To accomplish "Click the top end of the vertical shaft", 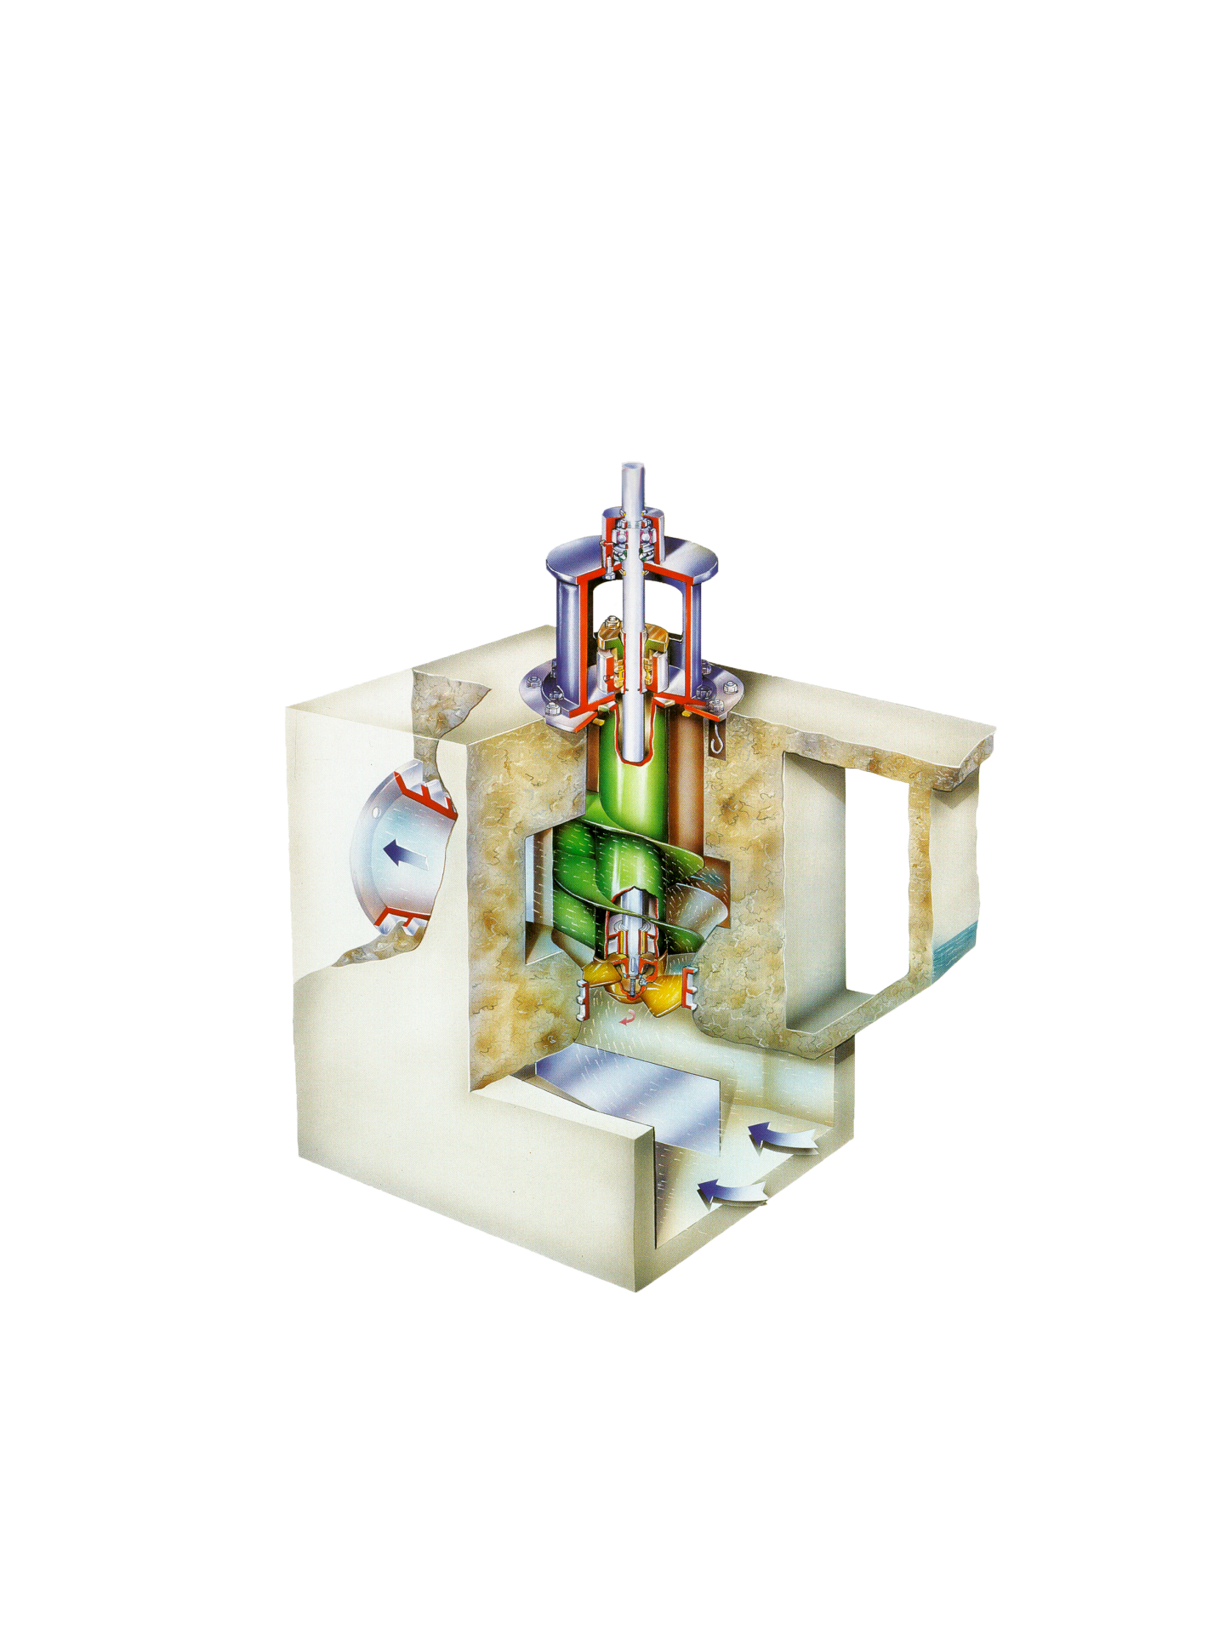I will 632,468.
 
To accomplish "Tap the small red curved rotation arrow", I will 628,1019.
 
